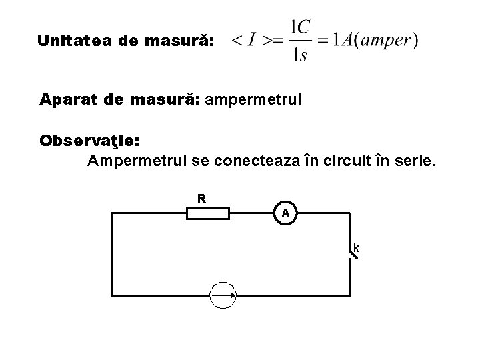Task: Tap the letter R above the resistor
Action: click(x=201, y=198)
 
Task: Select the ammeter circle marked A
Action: click(x=285, y=213)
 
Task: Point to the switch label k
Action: click(x=357, y=249)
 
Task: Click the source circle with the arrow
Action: click(x=223, y=294)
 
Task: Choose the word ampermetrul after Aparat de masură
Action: click(x=254, y=101)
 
